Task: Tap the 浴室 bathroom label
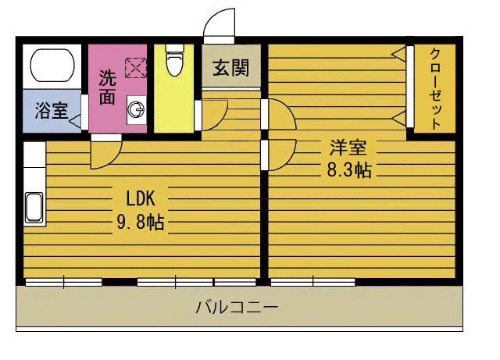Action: click(50, 110)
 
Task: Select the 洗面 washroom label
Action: click(107, 87)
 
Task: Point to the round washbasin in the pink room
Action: click(136, 109)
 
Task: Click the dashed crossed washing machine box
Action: click(135, 69)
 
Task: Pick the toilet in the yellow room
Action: click(173, 61)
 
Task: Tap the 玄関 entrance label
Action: click(230, 68)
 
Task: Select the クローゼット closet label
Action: click(435, 87)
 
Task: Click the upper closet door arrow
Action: click(398, 54)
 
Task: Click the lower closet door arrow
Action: click(398, 118)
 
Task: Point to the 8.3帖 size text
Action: click(348, 170)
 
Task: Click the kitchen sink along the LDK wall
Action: click(34, 208)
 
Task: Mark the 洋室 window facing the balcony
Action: click(312, 282)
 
